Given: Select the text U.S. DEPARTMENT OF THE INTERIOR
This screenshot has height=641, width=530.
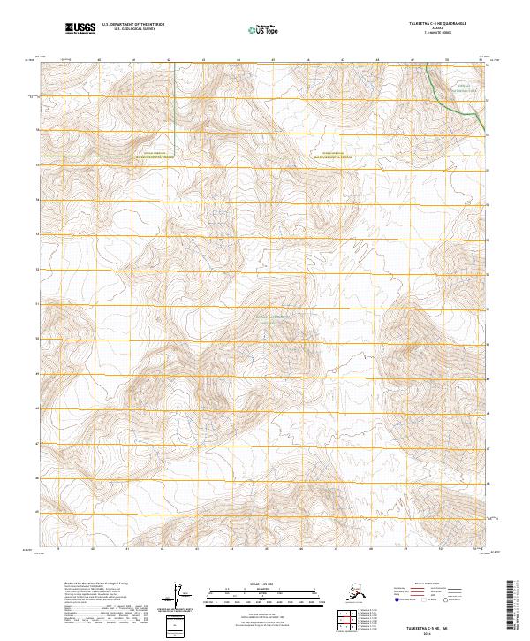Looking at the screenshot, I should coord(133,26).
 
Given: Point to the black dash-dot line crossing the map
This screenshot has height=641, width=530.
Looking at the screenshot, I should coord(265,157).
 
